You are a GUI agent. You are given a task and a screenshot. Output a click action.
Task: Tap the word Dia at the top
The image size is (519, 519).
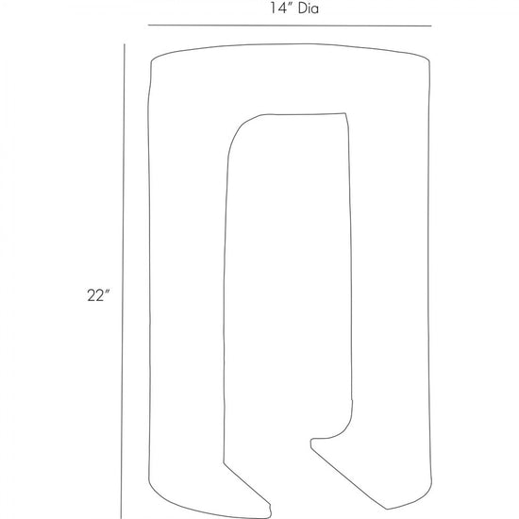coord(309,8)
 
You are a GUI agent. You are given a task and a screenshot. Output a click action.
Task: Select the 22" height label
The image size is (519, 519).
coord(98,295)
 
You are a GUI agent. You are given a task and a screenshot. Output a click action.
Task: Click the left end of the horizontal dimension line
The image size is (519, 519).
coord(148,25)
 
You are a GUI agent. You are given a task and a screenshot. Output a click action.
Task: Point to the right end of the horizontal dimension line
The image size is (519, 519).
coord(431,25)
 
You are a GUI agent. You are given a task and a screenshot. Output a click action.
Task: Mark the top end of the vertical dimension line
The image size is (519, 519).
coord(125,44)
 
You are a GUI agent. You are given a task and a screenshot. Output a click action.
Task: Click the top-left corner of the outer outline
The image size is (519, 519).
coord(152,61)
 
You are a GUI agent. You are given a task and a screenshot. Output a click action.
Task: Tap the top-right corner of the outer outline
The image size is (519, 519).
coord(429,60)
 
